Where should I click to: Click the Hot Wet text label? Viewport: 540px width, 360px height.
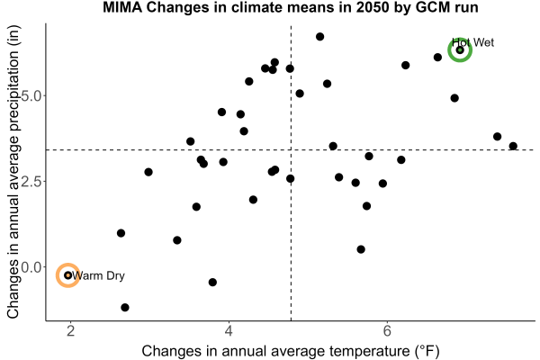pyautogui.click(x=472, y=42)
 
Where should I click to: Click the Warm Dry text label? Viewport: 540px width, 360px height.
pyautogui.click(x=98, y=275)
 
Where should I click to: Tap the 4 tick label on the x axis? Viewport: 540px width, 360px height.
pyautogui.click(x=229, y=330)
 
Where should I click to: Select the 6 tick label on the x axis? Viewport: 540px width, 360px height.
pyautogui.click(x=387, y=330)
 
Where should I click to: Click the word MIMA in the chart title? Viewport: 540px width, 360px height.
pyautogui.click(x=122, y=7)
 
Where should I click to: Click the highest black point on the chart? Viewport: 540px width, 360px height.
pyautogui.click(x=319, y=37)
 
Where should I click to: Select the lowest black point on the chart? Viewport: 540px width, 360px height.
pyautogui.click(x=125, y=307)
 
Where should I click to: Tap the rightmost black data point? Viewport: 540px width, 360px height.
pyautogui.click(x=513, y=146)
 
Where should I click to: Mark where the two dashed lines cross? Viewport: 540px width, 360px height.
pyautogui.click(x=291, y=149)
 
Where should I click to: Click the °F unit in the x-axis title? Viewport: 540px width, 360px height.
pyautogui.click(x=427, y=351)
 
